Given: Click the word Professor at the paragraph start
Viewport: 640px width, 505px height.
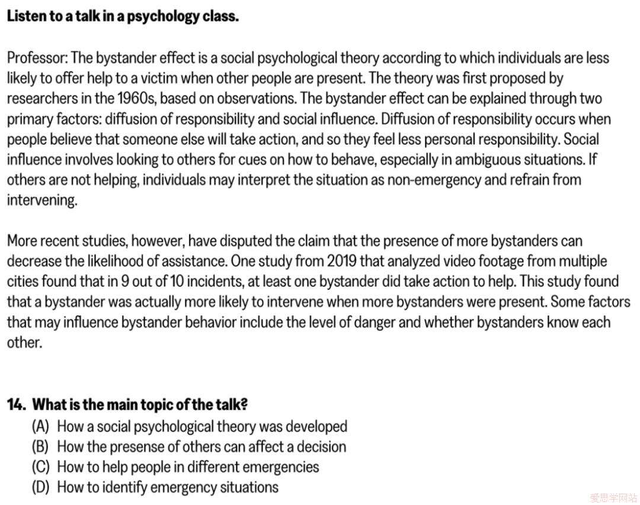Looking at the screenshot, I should tap(37, 58).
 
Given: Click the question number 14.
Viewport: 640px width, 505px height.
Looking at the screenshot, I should tap(16, 405).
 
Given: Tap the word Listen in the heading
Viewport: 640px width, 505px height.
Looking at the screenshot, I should tap(24, 16).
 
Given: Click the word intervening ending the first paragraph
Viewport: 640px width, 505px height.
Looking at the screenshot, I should tap(41, 200).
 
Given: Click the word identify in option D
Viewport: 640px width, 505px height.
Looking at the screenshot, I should tap(125, 487).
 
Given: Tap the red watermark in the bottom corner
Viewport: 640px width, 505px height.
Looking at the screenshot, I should tap(613, 497).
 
